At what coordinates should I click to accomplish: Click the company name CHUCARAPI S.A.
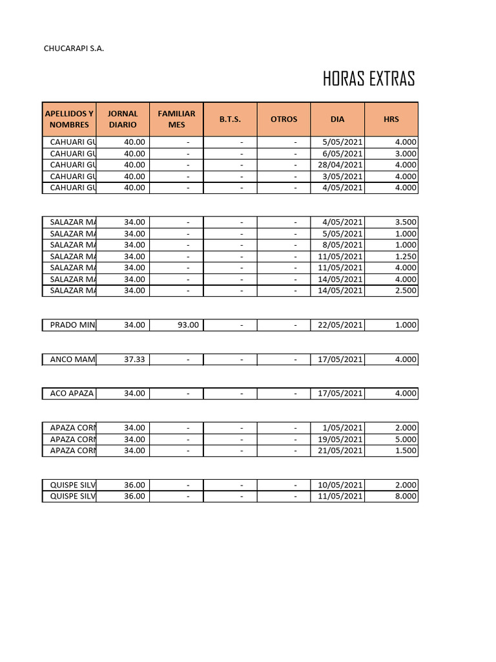click(73, 48)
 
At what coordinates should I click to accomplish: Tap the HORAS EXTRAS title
click(369, 80)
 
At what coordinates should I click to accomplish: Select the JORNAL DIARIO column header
click(123, 119)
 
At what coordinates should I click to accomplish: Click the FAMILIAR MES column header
click(176, 119)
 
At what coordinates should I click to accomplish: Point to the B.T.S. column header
click(230, 119)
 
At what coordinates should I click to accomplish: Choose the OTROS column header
click(284, 119)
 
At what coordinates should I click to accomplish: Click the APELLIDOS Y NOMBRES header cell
click(69, 119)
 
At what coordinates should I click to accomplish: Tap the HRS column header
click(391, 119)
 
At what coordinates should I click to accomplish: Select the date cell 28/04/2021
click(338, 165)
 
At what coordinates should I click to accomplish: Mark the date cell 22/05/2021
click(338, 325)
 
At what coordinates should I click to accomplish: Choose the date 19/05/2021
click(338, 440)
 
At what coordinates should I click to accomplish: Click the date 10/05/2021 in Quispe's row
click(338, 486)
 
